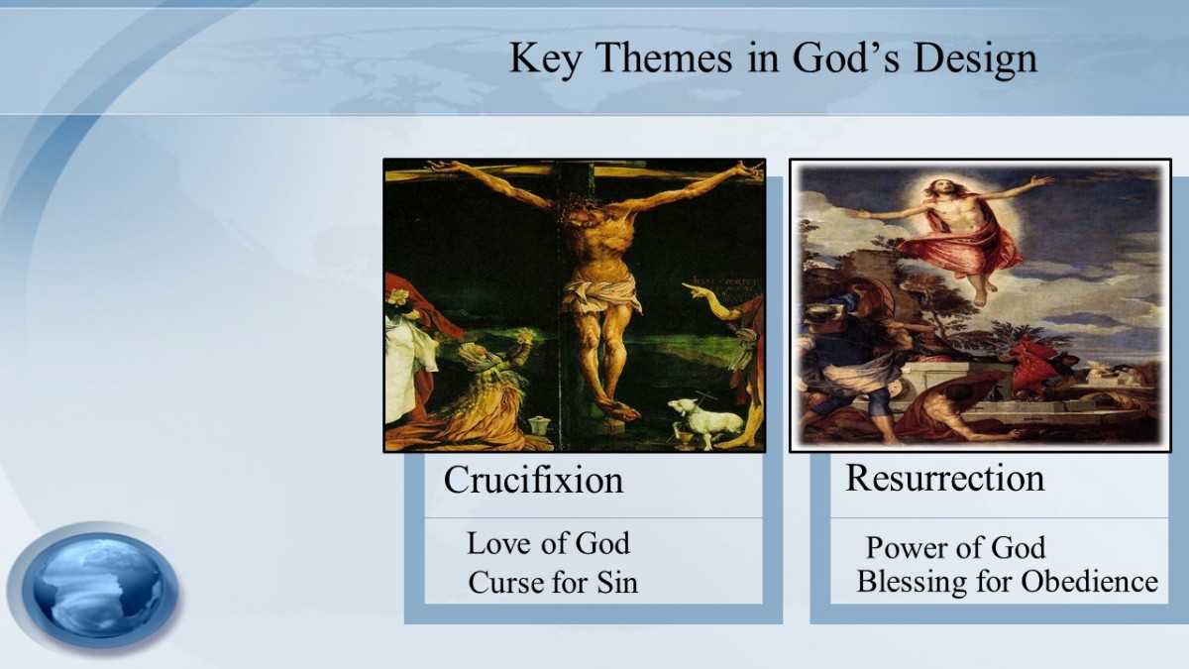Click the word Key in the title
pyautogui.click(x=545, y=58)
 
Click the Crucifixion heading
pyautogui.click(x=533, y=480)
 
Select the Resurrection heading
pyautogui.click(x=945, y=478)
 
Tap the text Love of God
pyautogui.click(x=548, y=543)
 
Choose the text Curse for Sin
pyautogui.click(x=553, y=582)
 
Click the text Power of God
pyautogui.click(x=955, y=548)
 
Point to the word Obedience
pyautogui.click(x=1089, y=581)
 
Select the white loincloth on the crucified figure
pyautogui.click(x=600, y=293)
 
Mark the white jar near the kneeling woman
pyautogui.click(x=539, y=426)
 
